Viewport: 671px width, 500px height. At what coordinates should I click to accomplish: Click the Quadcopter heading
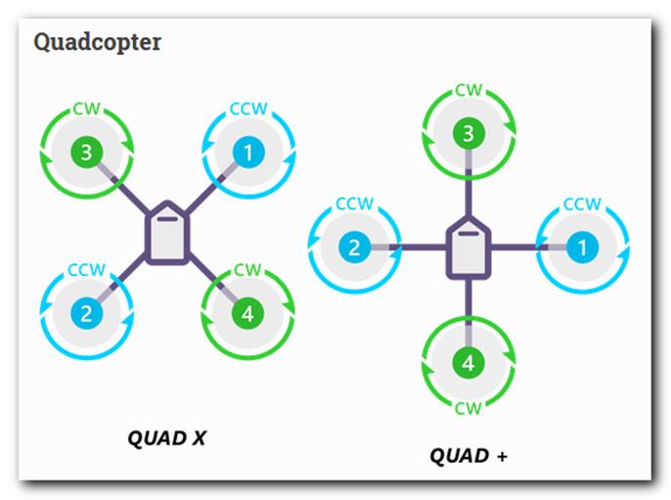click(98, 42)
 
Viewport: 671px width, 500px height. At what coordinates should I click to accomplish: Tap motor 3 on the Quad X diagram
click(86, 153)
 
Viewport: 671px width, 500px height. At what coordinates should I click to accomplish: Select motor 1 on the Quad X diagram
click(248, 153)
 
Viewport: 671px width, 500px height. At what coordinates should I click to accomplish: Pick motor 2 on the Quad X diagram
click(86, 314)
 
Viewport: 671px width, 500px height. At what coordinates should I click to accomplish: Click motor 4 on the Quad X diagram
click(247, 314)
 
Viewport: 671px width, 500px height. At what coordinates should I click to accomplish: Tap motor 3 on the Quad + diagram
click(469, 133)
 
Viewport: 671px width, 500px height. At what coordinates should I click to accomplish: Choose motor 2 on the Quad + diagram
click(355, 248)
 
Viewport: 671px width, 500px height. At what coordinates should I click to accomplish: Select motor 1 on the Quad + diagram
click(582, 248)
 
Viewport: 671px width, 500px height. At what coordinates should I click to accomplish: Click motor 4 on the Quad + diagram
click(469, 363)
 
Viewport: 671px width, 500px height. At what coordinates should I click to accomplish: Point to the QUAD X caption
click(167, 438)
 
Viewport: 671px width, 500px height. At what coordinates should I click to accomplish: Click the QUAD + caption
click(469, 456)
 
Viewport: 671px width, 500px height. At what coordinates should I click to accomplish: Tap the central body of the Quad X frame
click(167, 233)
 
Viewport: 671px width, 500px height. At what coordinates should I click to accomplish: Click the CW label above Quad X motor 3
click(86, 109)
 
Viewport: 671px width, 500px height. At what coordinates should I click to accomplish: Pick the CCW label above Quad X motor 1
click(248, 109)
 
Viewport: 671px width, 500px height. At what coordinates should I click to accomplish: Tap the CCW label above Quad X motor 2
click(86, 270)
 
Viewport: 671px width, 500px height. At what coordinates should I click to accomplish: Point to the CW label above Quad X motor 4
click(247, 270)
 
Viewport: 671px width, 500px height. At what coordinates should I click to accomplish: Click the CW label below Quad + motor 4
click(469, 409)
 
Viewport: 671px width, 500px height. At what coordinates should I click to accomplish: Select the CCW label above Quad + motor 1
click(582, 205)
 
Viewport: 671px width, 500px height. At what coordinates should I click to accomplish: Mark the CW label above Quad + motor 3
click(469, 90)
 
